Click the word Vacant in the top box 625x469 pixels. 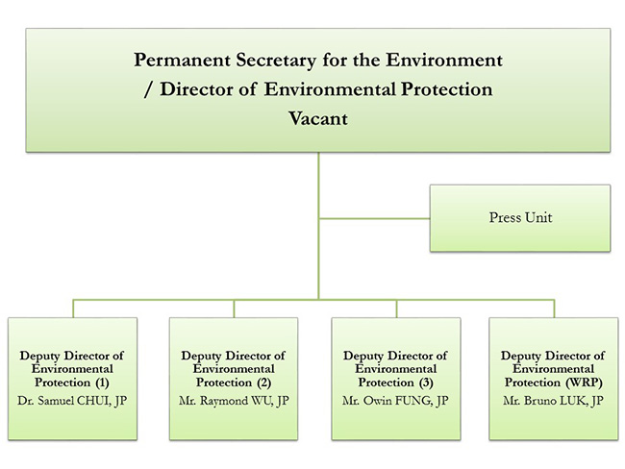(317, 121)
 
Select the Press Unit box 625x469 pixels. (519, 218)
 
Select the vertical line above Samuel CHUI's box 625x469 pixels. (72, 308)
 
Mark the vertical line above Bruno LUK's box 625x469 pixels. (554, 308)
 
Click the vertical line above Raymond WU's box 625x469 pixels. (233, 308)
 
